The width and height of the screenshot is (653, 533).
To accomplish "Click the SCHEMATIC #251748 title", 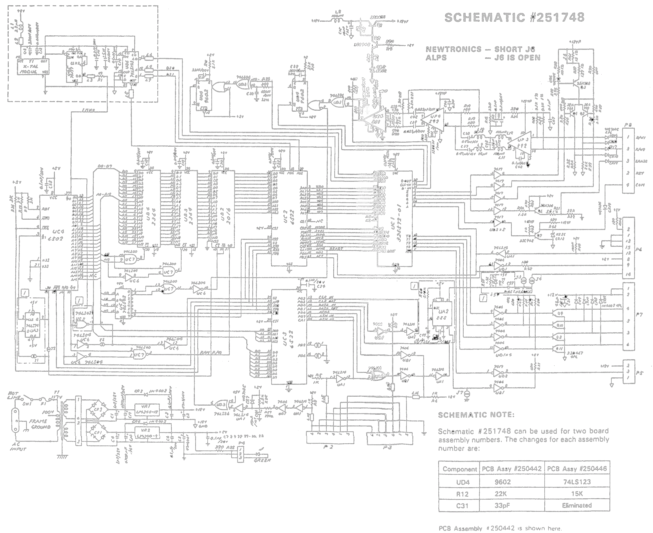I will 514,17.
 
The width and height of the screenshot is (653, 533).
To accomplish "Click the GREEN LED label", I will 262,460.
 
